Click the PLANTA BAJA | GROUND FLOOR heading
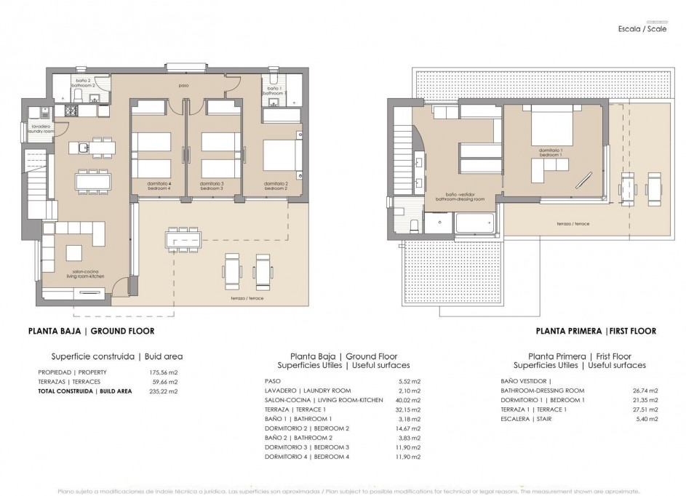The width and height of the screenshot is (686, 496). click(91, 331)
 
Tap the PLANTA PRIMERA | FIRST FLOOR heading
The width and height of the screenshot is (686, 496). click(596, 331)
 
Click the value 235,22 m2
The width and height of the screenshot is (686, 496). click(164, 391)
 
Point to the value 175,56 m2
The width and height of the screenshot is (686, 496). click(164, 372)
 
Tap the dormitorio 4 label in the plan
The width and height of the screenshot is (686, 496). click(159, 185)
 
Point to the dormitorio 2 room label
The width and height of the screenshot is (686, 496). click(276, 185)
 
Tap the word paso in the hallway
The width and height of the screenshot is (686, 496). click(185, 86)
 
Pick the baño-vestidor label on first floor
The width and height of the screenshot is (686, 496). click(455, 197)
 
